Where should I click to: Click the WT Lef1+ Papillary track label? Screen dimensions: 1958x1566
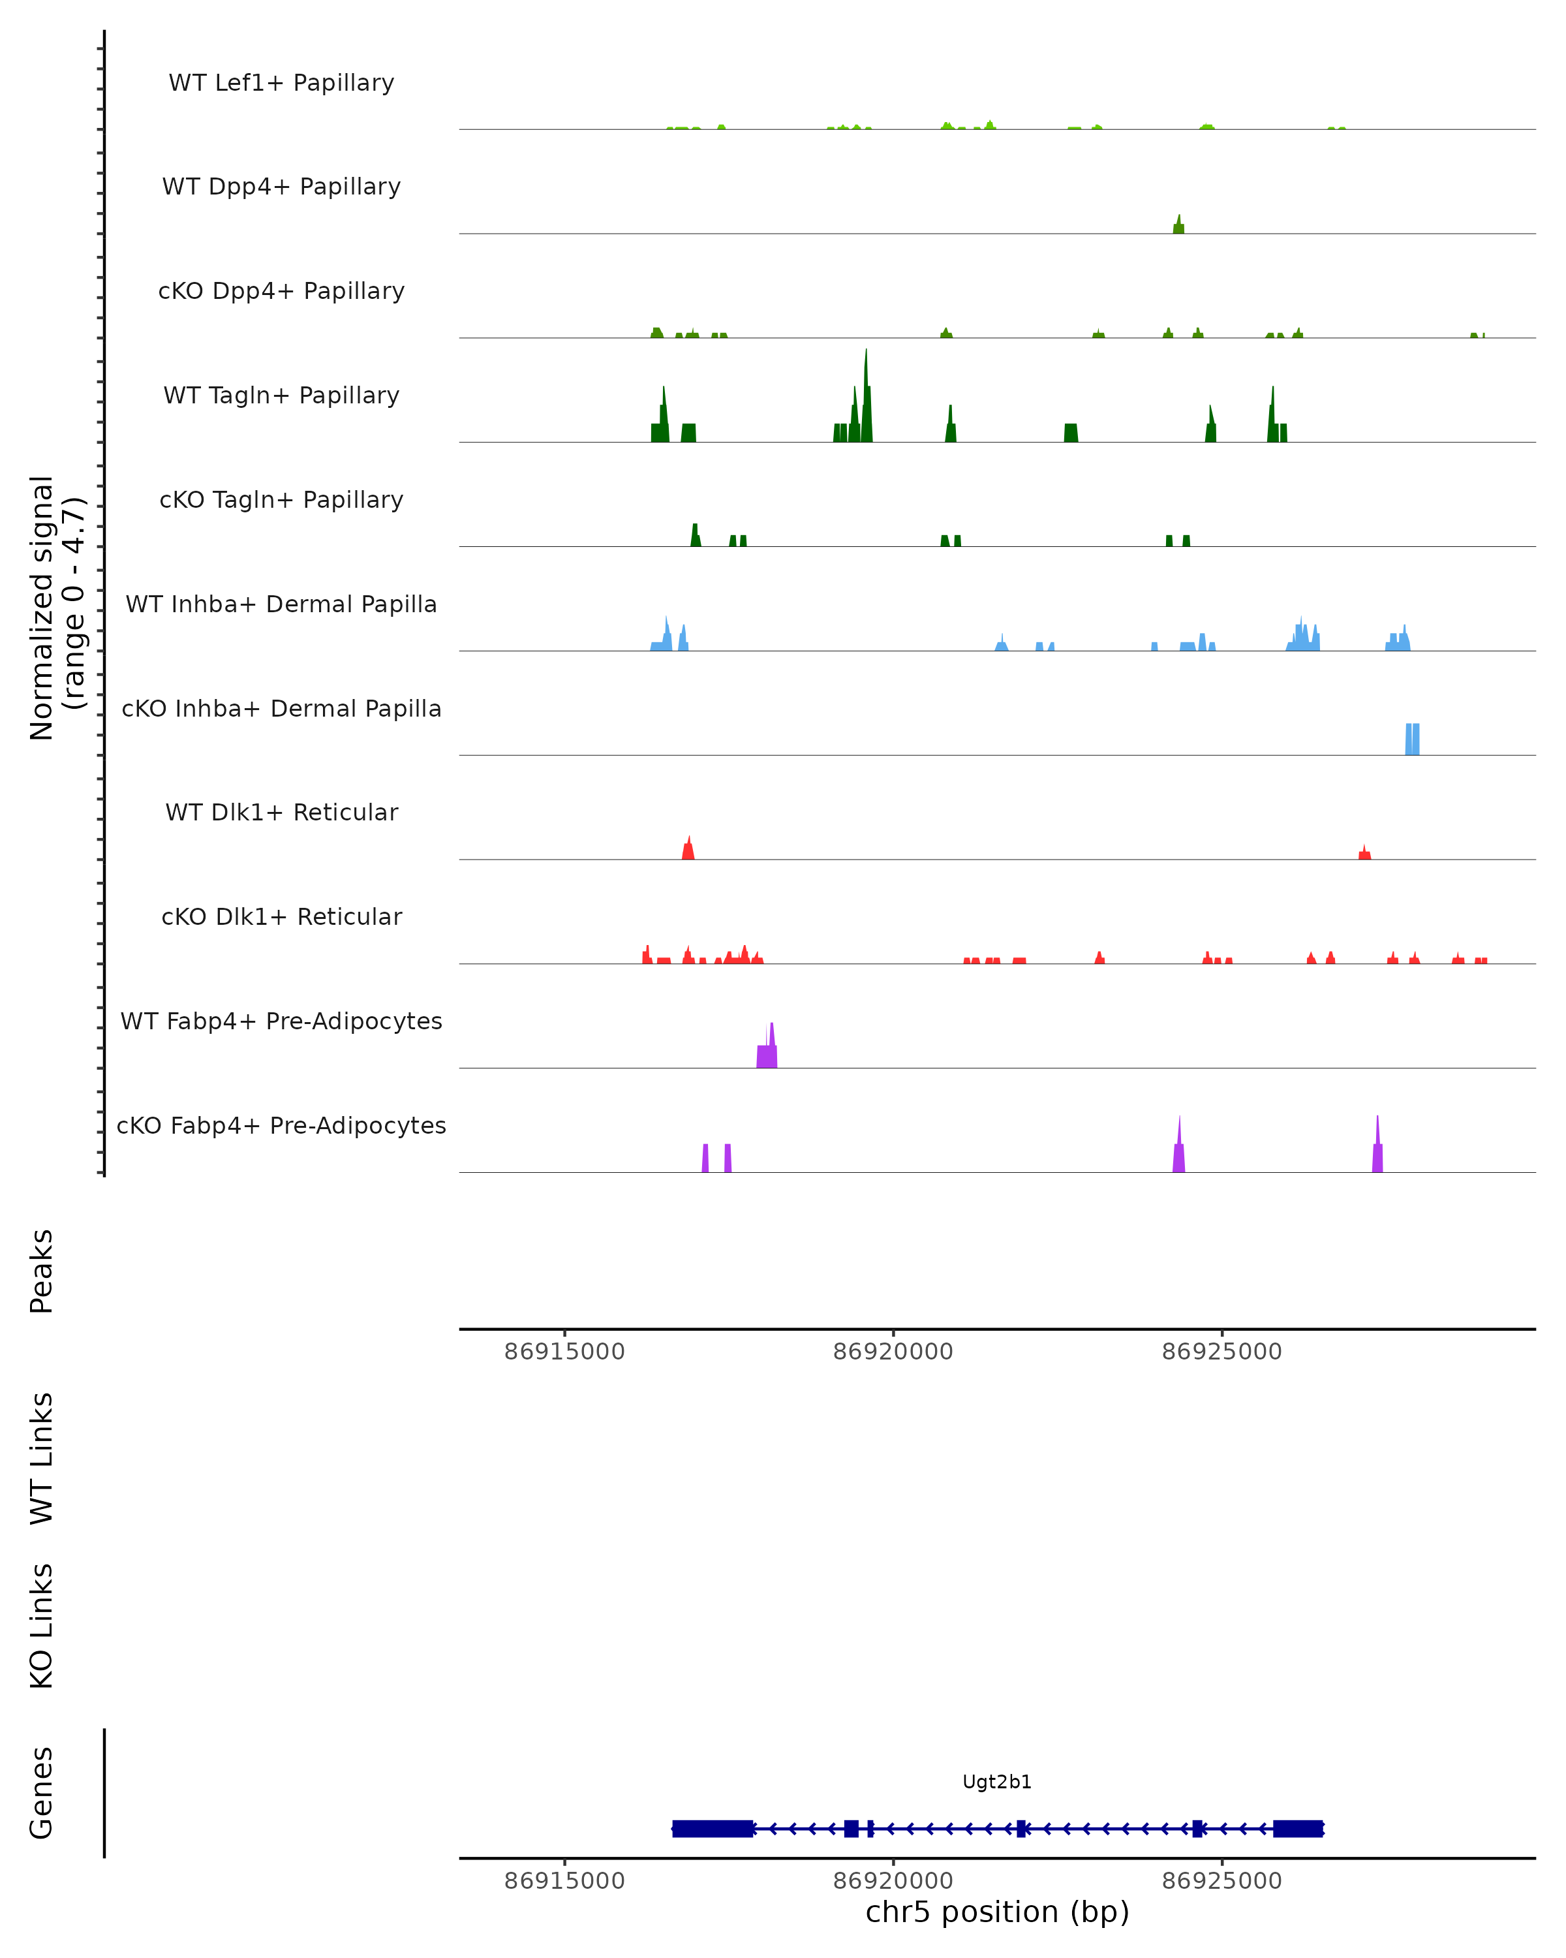point(281,84)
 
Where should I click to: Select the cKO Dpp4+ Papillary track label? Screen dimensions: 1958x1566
point(281,292)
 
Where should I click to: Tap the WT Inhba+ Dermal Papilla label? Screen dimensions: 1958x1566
point(281,605)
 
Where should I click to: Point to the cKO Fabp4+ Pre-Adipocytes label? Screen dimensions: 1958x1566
point(281,1126)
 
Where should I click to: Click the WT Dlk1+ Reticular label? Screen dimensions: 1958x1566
point(281,813)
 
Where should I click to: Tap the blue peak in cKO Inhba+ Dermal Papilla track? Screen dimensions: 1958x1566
point(1411,739)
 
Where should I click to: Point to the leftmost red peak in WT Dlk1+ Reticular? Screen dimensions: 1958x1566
point(688,851)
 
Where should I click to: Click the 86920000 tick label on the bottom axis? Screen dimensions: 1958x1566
point(893,1881)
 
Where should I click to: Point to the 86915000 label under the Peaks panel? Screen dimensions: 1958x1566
point(564,1352)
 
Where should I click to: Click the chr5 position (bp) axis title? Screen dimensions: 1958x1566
point(997,1912)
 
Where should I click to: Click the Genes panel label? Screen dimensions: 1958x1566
point(42,1793)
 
